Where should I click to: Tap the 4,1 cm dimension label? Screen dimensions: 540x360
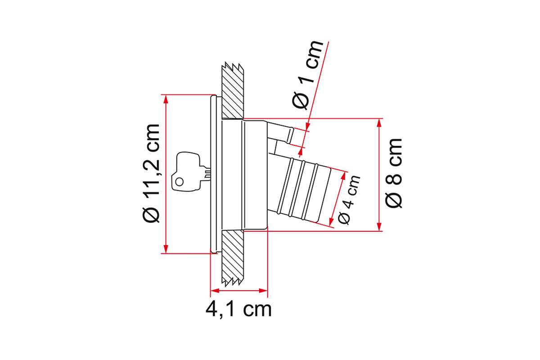click(x=238, y=310)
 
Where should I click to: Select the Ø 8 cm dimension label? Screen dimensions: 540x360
click(x=393, y=173)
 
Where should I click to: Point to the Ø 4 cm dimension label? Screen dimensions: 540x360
click(x=349, y=200)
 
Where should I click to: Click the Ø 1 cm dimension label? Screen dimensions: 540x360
click(x=308, y=75)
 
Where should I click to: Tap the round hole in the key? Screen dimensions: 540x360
click(x=180, y=182)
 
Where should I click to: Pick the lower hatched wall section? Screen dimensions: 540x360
click(x=233, y=257)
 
